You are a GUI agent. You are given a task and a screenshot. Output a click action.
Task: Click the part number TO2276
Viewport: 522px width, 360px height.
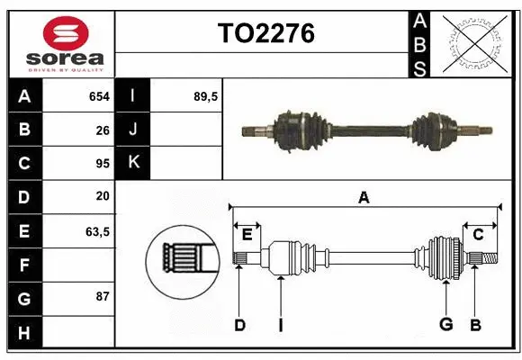pos(265,33)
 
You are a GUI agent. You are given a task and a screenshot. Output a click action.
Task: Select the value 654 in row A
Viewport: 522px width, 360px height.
pos(99,95)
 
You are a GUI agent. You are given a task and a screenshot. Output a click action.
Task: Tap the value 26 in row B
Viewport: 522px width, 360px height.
pos(102,130)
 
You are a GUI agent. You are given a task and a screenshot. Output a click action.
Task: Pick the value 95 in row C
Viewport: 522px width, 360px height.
pos(102,164)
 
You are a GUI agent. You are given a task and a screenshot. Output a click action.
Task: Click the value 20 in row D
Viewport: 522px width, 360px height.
pos(102,196)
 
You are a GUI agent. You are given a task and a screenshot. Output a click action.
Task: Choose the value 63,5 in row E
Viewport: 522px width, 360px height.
pos(97,231)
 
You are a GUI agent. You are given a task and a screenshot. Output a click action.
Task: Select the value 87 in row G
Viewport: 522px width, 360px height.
pos(102,296)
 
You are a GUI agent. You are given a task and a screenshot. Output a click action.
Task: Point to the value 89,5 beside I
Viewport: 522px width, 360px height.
pos(207,95)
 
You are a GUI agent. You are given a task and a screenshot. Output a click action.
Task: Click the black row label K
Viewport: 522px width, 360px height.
pos(132,163)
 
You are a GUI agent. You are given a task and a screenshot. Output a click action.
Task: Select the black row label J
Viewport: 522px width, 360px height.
pos(132,130)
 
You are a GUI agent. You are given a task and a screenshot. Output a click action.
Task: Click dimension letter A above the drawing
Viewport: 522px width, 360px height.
pos(364,198)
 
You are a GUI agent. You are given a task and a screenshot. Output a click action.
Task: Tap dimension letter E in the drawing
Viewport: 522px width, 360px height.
pos(247,235)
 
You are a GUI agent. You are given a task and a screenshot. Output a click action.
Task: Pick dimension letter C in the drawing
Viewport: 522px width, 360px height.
pos(479,235)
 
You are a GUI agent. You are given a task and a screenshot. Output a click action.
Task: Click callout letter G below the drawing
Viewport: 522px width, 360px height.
pos(445,325)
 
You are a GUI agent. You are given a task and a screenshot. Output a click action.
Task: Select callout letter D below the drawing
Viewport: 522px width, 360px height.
pos(239,325)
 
